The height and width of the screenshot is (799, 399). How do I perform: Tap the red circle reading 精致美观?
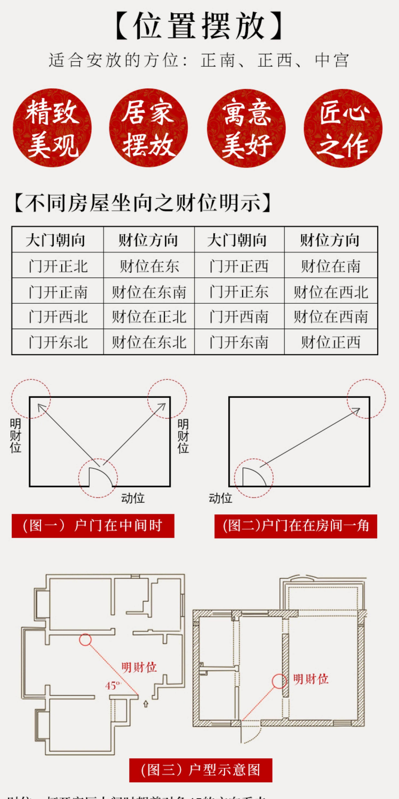[x=52, y=128]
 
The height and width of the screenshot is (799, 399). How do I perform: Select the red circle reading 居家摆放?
[x=148, y=128]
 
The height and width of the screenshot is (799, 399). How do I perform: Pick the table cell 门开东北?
[x=58, y=342]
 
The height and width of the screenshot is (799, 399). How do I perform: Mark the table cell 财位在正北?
[x=149, y=317]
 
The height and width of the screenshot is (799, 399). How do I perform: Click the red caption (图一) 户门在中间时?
[x=93, y=526]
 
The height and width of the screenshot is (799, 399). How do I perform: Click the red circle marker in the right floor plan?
[x=279, y=681]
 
